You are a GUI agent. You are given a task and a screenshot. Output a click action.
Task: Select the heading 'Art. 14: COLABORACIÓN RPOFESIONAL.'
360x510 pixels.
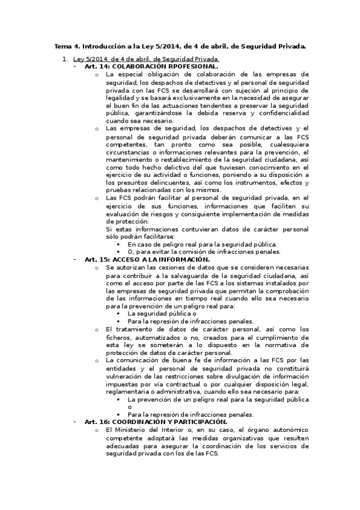click(x=151, y=66)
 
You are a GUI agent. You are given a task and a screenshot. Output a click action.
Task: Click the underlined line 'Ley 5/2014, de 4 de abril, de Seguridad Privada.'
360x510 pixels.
click(x=146, y=59)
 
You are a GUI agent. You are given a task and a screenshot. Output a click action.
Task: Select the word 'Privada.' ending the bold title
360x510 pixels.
click(x=291, y=46)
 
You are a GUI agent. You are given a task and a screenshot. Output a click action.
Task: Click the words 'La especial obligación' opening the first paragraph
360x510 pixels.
click(x=141, y=74)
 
